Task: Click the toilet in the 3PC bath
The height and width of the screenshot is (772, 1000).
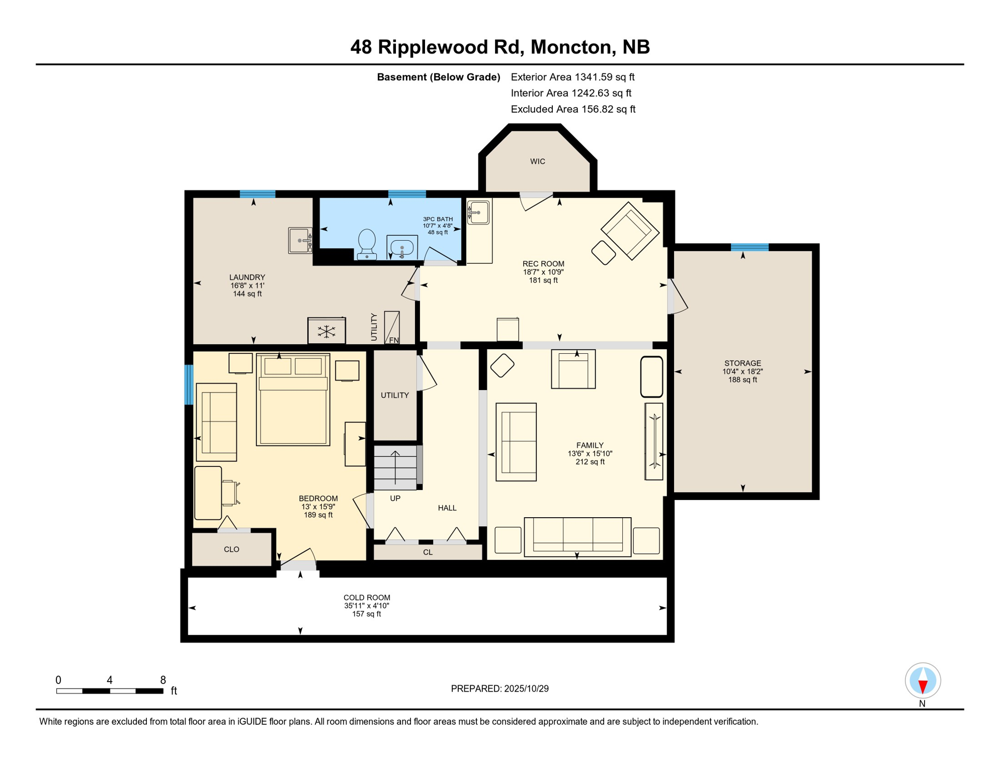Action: (367, 243)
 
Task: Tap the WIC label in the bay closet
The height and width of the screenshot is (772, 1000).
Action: (537, 161)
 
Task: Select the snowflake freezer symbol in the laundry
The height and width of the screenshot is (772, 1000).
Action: (326, 331)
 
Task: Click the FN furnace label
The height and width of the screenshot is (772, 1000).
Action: (394, 340)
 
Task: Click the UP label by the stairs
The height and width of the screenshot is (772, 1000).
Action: (395, 498)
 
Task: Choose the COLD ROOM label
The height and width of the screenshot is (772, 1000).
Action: (367, 598)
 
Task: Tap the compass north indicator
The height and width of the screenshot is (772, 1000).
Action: (922, 682)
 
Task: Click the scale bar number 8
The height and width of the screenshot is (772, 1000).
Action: (162, 680)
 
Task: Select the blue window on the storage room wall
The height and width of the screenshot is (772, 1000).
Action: (749, 247)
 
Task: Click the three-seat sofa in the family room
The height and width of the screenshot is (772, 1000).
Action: (577, 537)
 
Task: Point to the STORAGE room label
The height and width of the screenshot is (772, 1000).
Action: (742, 363)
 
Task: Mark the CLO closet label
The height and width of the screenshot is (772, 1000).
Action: (231, 549)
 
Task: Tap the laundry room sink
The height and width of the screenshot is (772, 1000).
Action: (300, 240)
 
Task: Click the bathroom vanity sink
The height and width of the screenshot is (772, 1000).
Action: (402, 247)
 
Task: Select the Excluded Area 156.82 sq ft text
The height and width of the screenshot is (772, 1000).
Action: (572, 109)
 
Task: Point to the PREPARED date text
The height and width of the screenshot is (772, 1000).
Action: (499, 689)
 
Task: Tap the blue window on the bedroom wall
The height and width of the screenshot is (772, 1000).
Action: (189, 384)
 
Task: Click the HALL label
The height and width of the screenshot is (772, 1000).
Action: (447, 508)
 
